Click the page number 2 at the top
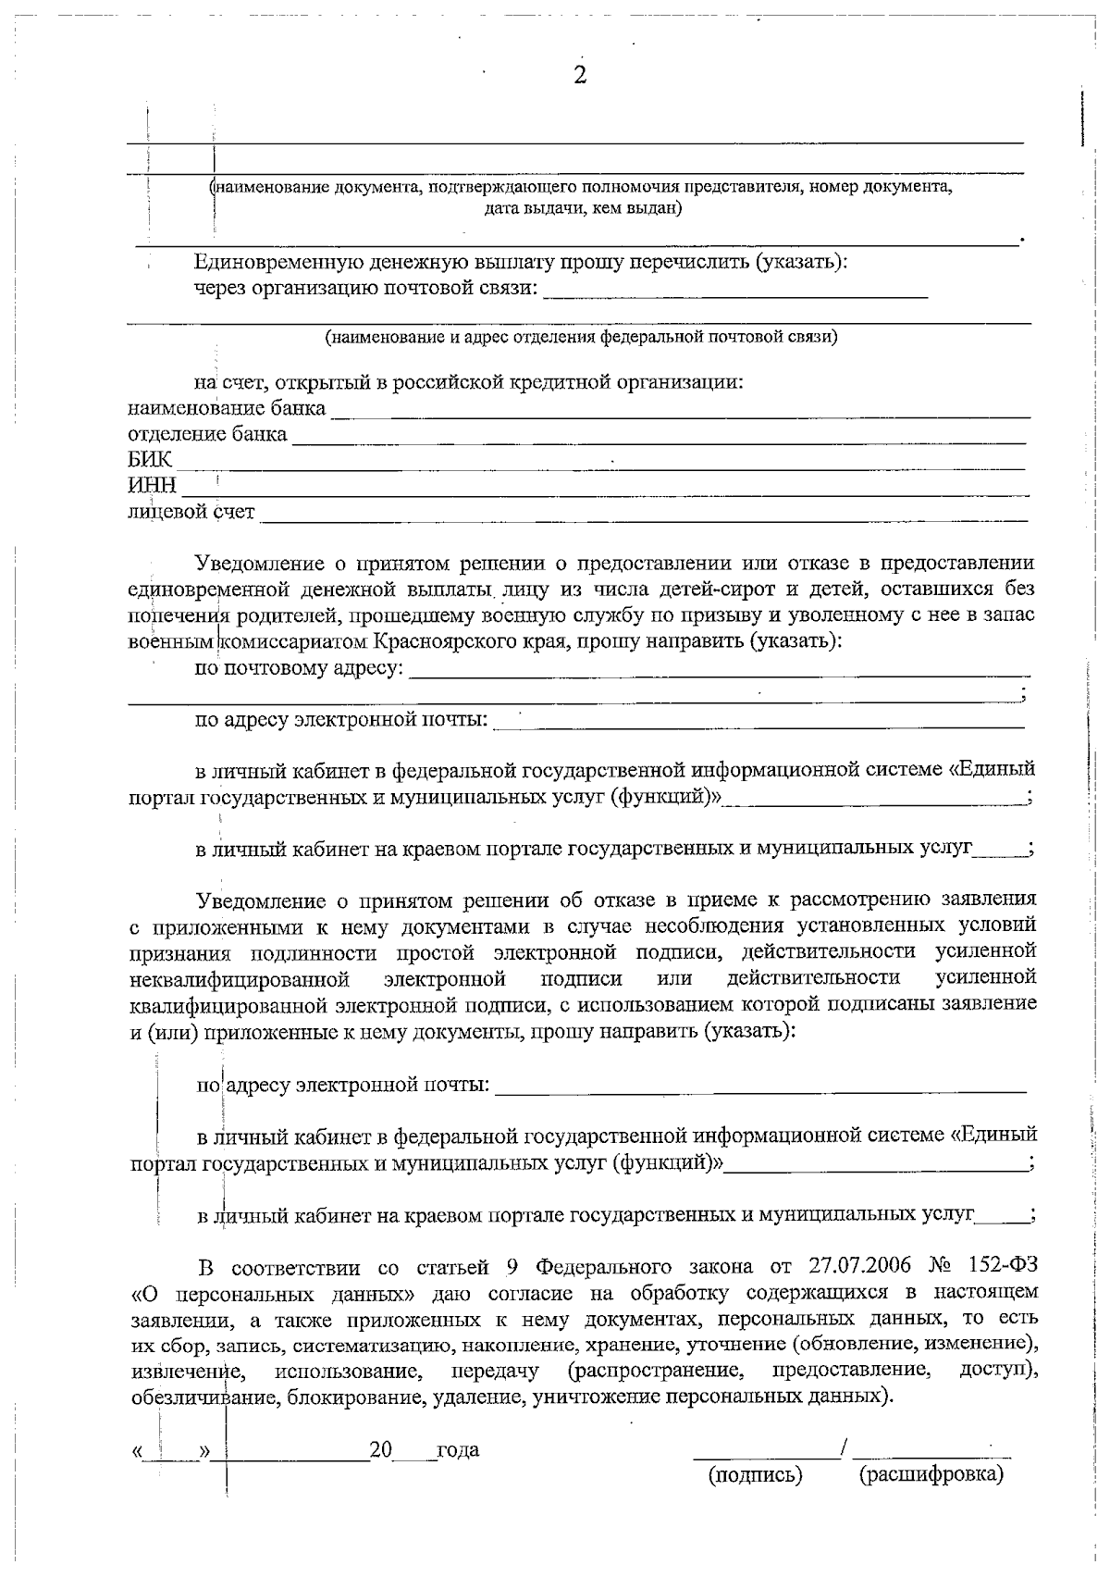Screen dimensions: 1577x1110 pyautogui.click(x=580, y=77)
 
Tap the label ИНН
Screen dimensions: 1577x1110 pyautogui.click(x=152, y=486)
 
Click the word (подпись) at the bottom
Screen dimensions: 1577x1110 pyautogui.click(x=755, y=1475)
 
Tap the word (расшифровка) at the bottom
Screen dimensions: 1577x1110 pyautogui.click(x=931, y=1475)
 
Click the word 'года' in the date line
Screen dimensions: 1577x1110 pyautogui.click(x=458, y=1450)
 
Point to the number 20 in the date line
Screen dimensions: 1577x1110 pyautogui.click(x=381, y=1450)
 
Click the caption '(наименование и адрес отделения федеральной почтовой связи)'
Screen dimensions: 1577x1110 pyautogui.click(x=581, y=338)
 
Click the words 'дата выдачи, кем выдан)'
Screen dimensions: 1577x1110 pyautogui.click(x=583, y=209)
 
